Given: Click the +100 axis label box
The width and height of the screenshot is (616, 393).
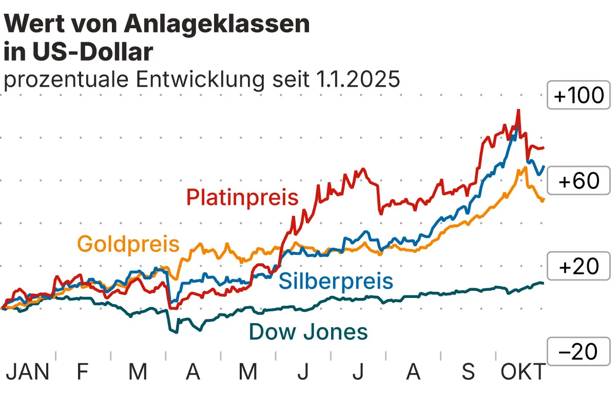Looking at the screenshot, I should point(579,96).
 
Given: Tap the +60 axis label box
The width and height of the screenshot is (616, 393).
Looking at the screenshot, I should point(579,181).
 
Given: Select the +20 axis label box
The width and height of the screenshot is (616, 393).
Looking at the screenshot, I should point(579,267).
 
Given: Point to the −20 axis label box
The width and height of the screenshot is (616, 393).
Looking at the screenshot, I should point(579,351).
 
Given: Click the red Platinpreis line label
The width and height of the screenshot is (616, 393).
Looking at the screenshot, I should point(242,197).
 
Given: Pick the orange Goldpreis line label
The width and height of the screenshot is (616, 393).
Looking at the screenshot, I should point(128,244).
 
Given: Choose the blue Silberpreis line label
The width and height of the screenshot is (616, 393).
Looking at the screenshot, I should point(336,281).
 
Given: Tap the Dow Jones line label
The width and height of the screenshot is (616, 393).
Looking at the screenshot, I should point(309,332).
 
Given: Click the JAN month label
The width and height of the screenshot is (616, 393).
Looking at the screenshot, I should point(27,372).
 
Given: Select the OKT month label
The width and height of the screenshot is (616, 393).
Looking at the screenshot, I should point(523,372).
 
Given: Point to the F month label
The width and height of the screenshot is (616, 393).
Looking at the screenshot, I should point(82,372).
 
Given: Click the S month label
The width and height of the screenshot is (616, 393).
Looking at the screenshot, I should point(468,372).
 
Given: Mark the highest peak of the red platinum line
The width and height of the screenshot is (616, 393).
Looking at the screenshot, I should point(518,110).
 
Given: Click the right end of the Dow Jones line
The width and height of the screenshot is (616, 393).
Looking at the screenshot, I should point(543,284).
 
